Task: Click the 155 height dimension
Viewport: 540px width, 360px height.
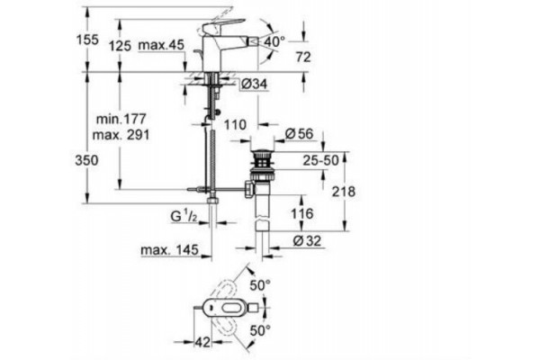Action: click(x=87, y=40)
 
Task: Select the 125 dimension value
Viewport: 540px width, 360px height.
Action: click(x=121, y=46)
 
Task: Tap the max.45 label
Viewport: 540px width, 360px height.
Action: click(x=161, y=45)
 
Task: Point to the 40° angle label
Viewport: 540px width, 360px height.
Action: click(x=274, y=42)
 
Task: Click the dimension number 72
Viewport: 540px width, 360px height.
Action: click(x=303, y=58)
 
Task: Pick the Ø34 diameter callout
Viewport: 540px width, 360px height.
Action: click(x=254, y=84)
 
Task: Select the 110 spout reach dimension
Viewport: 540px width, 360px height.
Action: click(x=235, y=124)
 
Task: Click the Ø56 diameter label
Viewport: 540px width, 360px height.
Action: click(x=300, y=134)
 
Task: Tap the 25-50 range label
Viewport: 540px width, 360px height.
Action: click(x=320, y=160)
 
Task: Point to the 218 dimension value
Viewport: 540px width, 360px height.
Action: click(x=344, y=192)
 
